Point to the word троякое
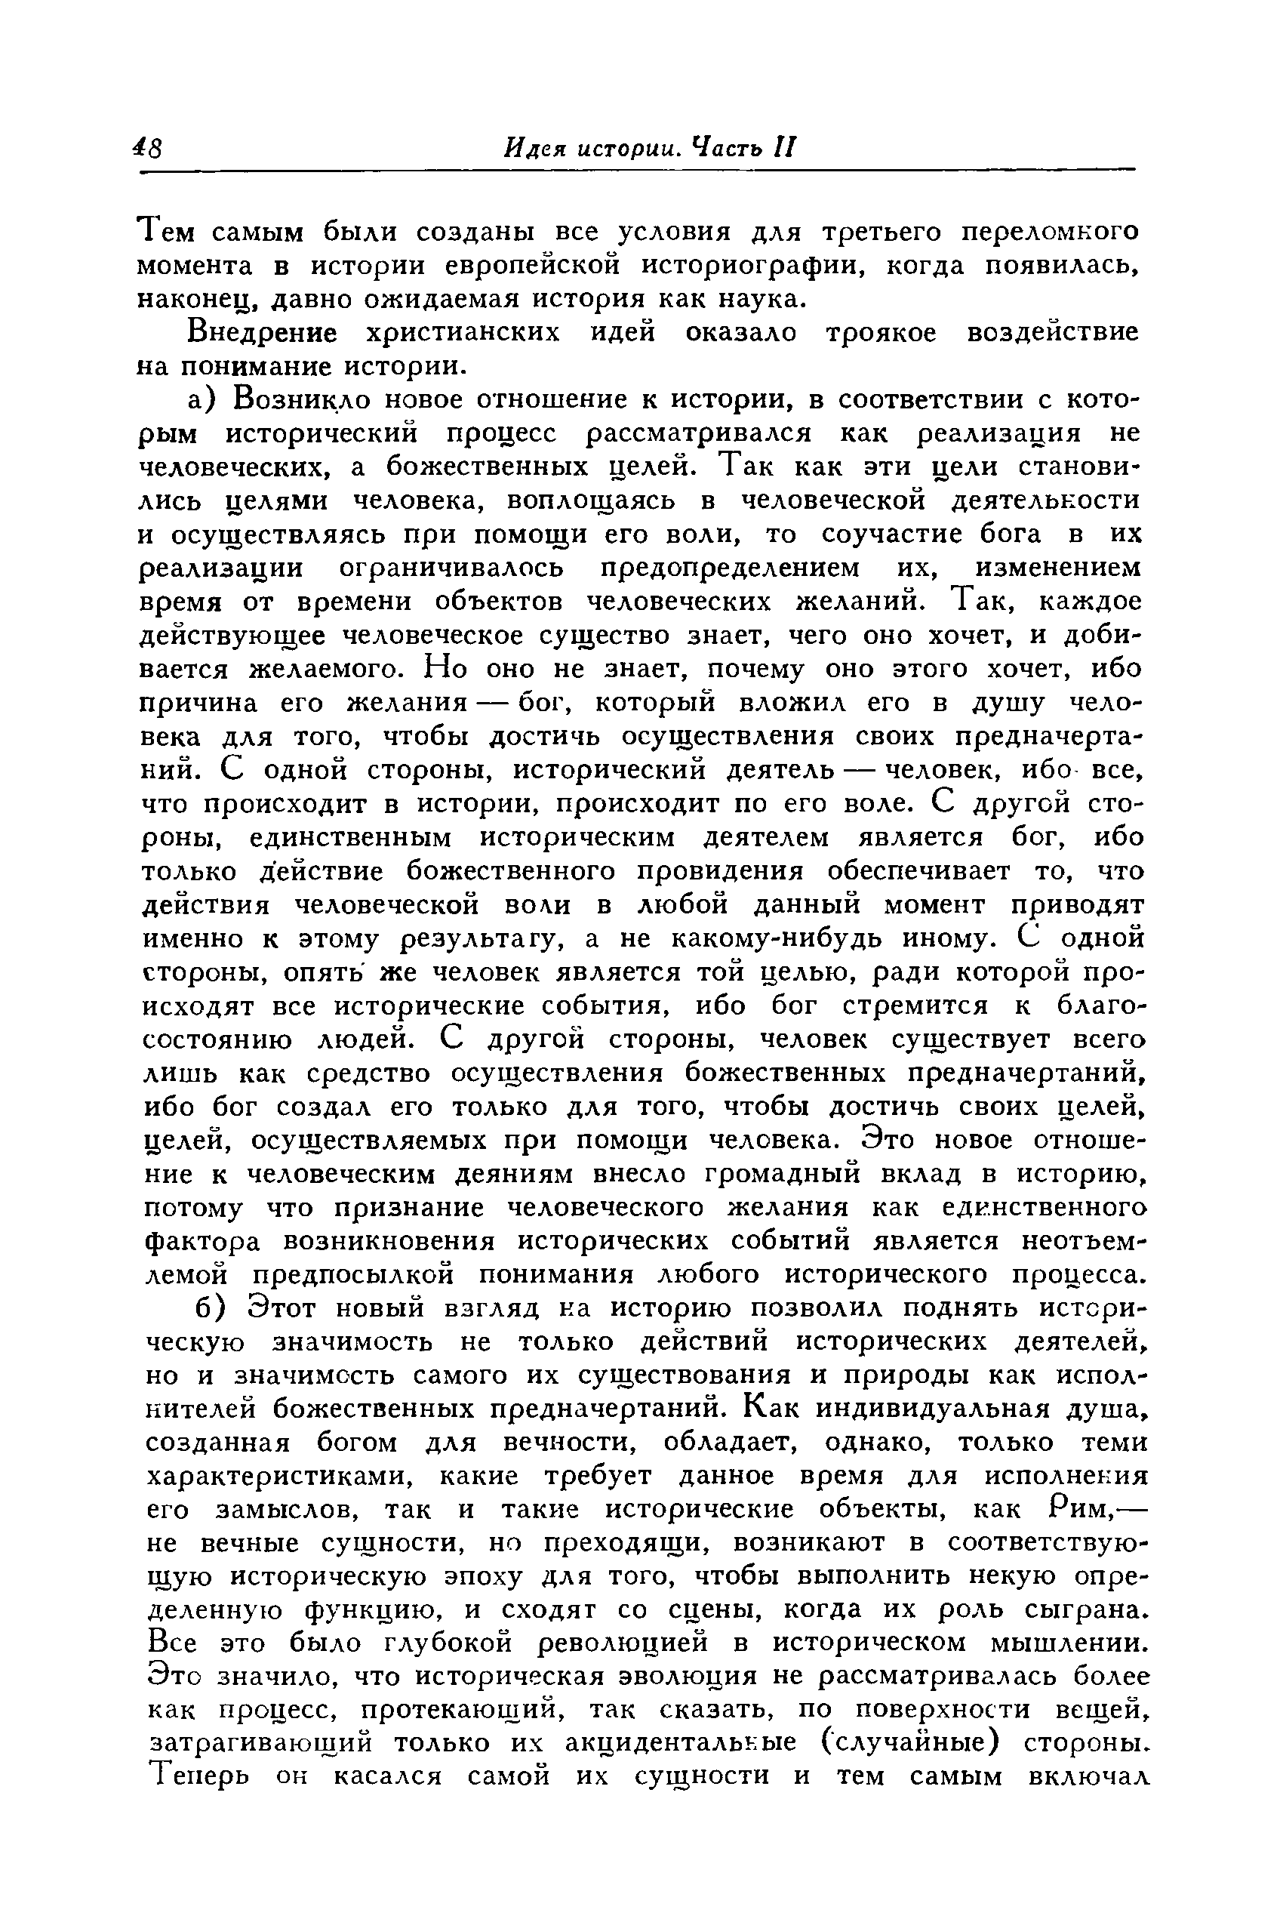click(x=881, y=332)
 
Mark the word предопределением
click(x=730, y=567)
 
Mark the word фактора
click(x=202, y=1241)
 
